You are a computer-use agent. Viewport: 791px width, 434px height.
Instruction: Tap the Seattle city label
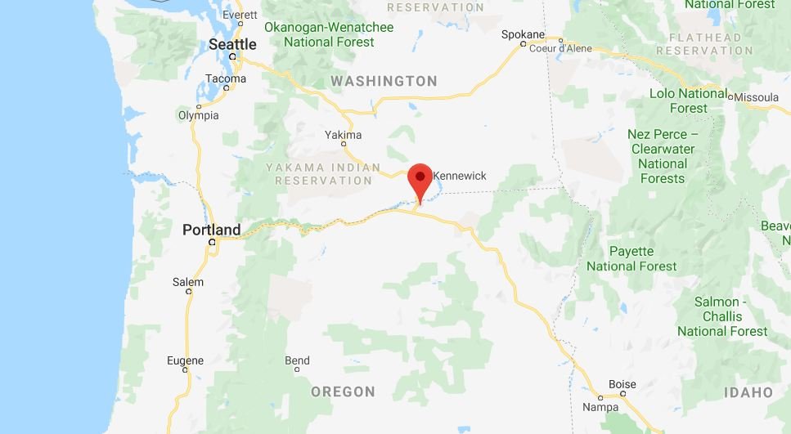pyautogui.click(x=232, y=44)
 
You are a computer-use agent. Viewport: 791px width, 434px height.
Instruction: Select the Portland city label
pyautogui.click(x=211, y=230)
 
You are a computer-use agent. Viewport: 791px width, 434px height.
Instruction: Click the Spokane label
pyautogui.click(x=523, y=34)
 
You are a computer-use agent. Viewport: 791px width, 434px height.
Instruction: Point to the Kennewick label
pyautogui.click(x=459, y=176)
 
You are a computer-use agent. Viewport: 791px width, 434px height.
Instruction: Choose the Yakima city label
pyautogui.click(x=343, y=135)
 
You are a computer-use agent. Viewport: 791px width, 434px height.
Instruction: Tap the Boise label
pyautogui.click(x=622, y=384)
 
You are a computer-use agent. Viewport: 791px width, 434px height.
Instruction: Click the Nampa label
pyautogui.click(x=600, y=406)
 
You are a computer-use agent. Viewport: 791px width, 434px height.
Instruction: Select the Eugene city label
pyautogui.click(x=185, y=360)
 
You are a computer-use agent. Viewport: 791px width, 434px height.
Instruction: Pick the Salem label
pyautogui.click(x=187, y=282)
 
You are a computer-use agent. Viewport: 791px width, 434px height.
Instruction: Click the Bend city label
pyautogui.click(x=297, y=360)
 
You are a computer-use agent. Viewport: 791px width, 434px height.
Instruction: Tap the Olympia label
pyautogui.click(x=198, y=115)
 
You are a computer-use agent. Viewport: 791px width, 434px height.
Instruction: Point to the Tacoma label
pyautogui.click(x=225, y=79)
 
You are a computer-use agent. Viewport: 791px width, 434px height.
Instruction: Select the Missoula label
pyautogui.click(x=757, y=97)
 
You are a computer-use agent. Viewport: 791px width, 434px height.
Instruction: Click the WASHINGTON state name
pyautogui.click(x=384, y=81)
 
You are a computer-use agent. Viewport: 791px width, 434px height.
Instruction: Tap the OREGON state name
pyautogui.click(x=343, y=392)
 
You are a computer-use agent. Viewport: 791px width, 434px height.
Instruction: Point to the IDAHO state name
pyautogui.click(x=748, y=393)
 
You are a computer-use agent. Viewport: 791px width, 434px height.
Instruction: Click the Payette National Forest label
pyautogui.click(x=631, y=258)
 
